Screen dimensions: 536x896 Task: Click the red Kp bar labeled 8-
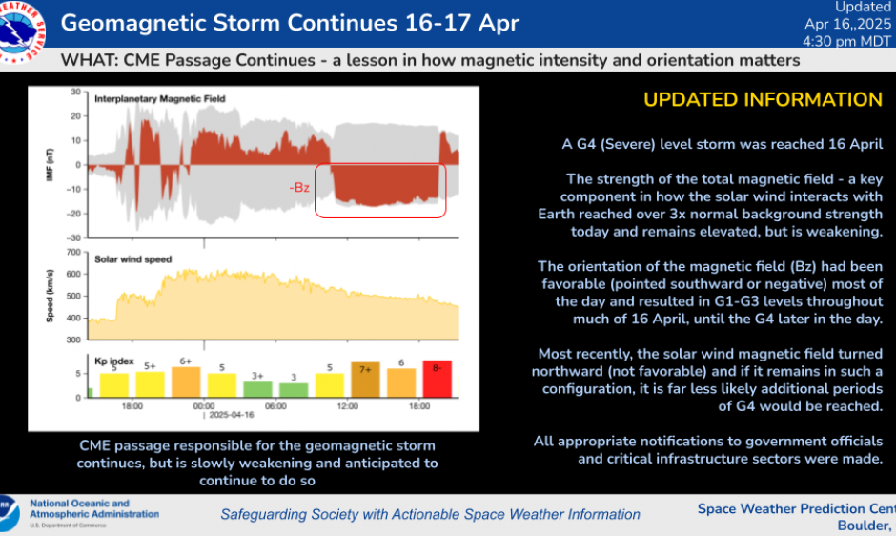pyautogui.click(x=437, y=379)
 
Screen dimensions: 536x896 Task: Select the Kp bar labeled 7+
pyautogui.click(x=365, y=380)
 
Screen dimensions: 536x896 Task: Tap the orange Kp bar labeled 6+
pyautogui.click(x=186, y=381)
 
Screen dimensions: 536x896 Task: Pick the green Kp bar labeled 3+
pyautogui.click(x=257, y=388)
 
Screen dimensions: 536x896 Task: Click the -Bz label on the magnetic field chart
pyautogui.click(x=300, y=188)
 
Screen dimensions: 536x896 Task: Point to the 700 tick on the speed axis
pyautogui.click(x=73, y=253)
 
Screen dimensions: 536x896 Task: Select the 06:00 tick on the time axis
pyautogui.click(x=275, y=406)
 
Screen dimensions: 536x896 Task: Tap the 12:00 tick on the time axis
pyautogui.click(x=347, y=406)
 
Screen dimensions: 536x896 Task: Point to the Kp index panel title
pyautogui.click(x=113, y=361)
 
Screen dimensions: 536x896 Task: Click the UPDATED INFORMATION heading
pyautogui.click(x=763, y=100)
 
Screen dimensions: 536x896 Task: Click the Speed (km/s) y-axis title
pyautogui.click(x=50, y=297)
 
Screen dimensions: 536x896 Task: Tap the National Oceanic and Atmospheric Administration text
pyautogui.click(x=93, y=509)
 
